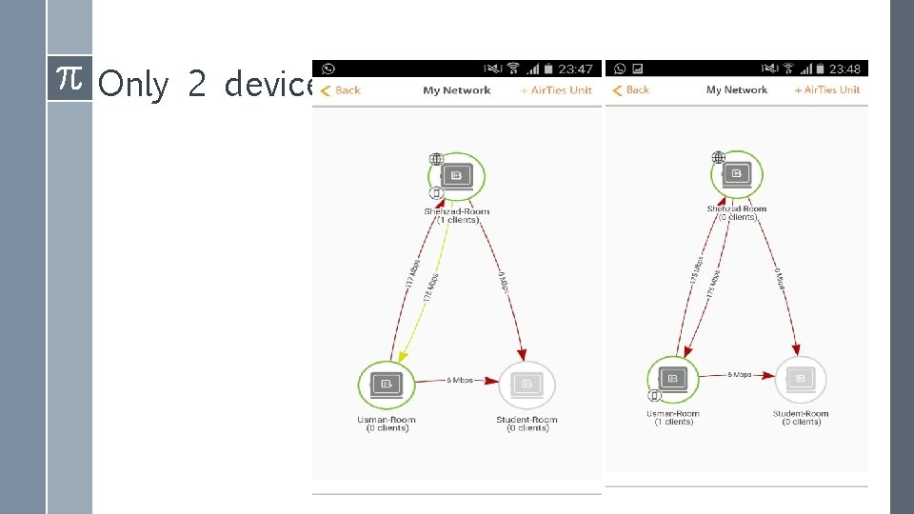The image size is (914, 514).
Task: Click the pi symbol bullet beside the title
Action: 69,78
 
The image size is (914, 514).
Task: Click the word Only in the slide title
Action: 133,86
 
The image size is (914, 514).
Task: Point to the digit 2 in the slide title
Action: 197,86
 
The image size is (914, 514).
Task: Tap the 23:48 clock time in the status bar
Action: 844,69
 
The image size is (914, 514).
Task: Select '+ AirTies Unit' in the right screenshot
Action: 826,90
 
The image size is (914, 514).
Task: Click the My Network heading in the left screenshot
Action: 457,90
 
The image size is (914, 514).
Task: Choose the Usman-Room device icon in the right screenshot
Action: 672,379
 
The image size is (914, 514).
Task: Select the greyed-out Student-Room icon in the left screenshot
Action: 527,385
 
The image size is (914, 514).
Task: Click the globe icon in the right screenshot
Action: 719,158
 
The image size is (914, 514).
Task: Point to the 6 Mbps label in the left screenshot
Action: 460,380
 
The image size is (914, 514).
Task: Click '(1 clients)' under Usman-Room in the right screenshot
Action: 673,422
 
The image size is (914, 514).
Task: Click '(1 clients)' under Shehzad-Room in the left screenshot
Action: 457,220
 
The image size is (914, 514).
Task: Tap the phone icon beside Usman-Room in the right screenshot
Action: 655,395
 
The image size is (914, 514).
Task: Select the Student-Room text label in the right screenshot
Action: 801,414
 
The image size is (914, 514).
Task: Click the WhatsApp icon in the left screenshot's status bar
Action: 328,69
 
